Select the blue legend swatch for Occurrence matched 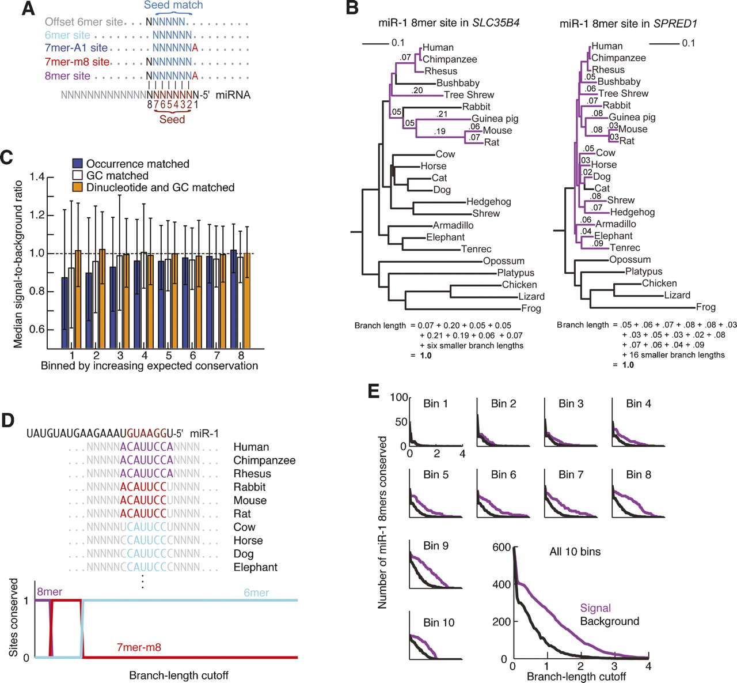point(78,164)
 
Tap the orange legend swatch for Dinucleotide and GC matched point(78,187)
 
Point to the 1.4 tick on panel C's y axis point(37,177)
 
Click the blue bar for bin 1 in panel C point(65,312)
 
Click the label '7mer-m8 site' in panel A point(77,62)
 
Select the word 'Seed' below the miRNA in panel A point(172,119)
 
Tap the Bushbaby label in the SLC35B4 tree point(458,83)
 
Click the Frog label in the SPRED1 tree point(705,307)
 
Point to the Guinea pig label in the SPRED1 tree point(632,117)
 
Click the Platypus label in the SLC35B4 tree point(515,273)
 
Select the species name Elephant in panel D point(255,567)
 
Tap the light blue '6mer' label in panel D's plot point(256,593)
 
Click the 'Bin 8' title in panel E point(639,474)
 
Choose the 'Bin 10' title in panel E point(439,622)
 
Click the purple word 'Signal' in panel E point(595,608)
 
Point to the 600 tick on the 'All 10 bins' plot point(502,547)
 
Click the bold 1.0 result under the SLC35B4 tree point(425,356)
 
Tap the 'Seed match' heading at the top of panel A point(173,5)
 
